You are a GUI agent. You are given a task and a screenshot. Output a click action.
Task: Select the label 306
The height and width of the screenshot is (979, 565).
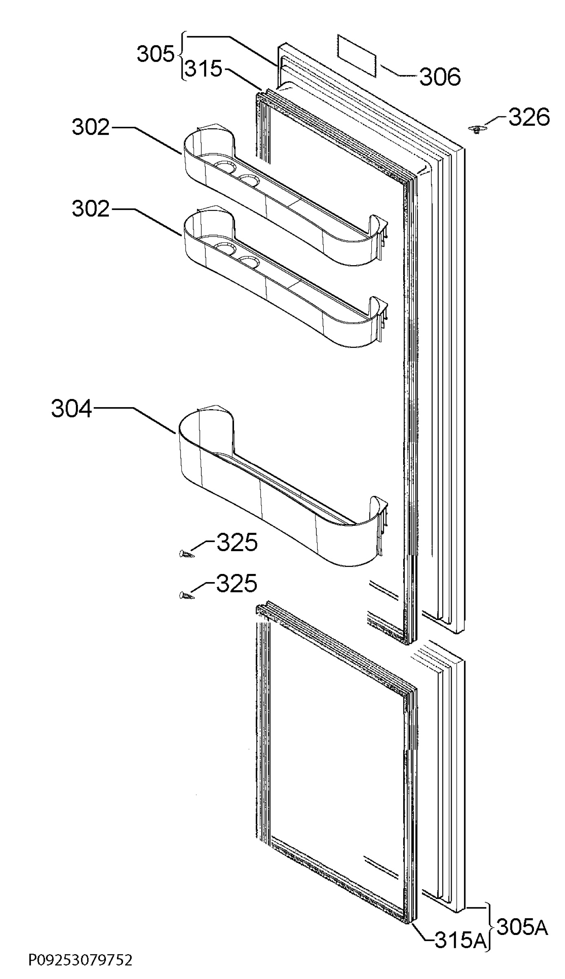point(440,77)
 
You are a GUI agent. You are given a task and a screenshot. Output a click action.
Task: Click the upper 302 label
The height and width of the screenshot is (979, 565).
point(91,127)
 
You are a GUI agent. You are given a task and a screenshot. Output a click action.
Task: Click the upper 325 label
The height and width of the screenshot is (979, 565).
point(237,542)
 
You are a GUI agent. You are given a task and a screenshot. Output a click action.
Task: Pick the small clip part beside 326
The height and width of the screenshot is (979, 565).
point(475,130)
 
